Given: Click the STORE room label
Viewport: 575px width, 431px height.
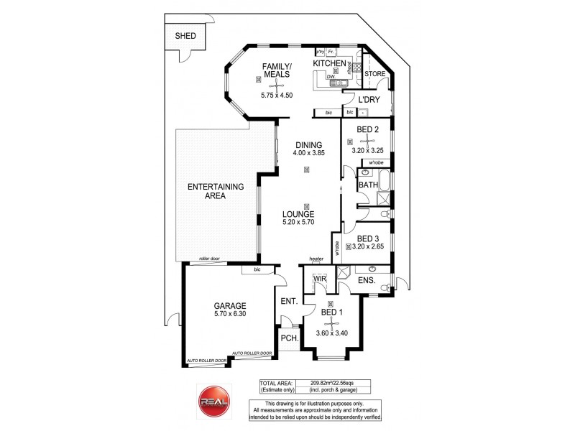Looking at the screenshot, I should click(375, 74).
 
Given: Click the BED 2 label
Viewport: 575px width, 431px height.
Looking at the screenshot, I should click(368, 129).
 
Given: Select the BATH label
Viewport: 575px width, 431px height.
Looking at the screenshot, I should click(368, 185).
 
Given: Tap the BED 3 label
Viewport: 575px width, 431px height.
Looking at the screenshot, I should click(367, 238).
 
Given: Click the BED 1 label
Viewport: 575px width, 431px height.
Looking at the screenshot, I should click(333, 312).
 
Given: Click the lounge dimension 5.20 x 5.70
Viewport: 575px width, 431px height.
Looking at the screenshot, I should click(306, 223).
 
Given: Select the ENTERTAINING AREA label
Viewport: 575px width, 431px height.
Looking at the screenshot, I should click(216, 191).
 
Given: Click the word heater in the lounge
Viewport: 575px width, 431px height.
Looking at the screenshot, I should click(316, 259).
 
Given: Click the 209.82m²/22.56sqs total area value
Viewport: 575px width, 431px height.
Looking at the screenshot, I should click(338, 385).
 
